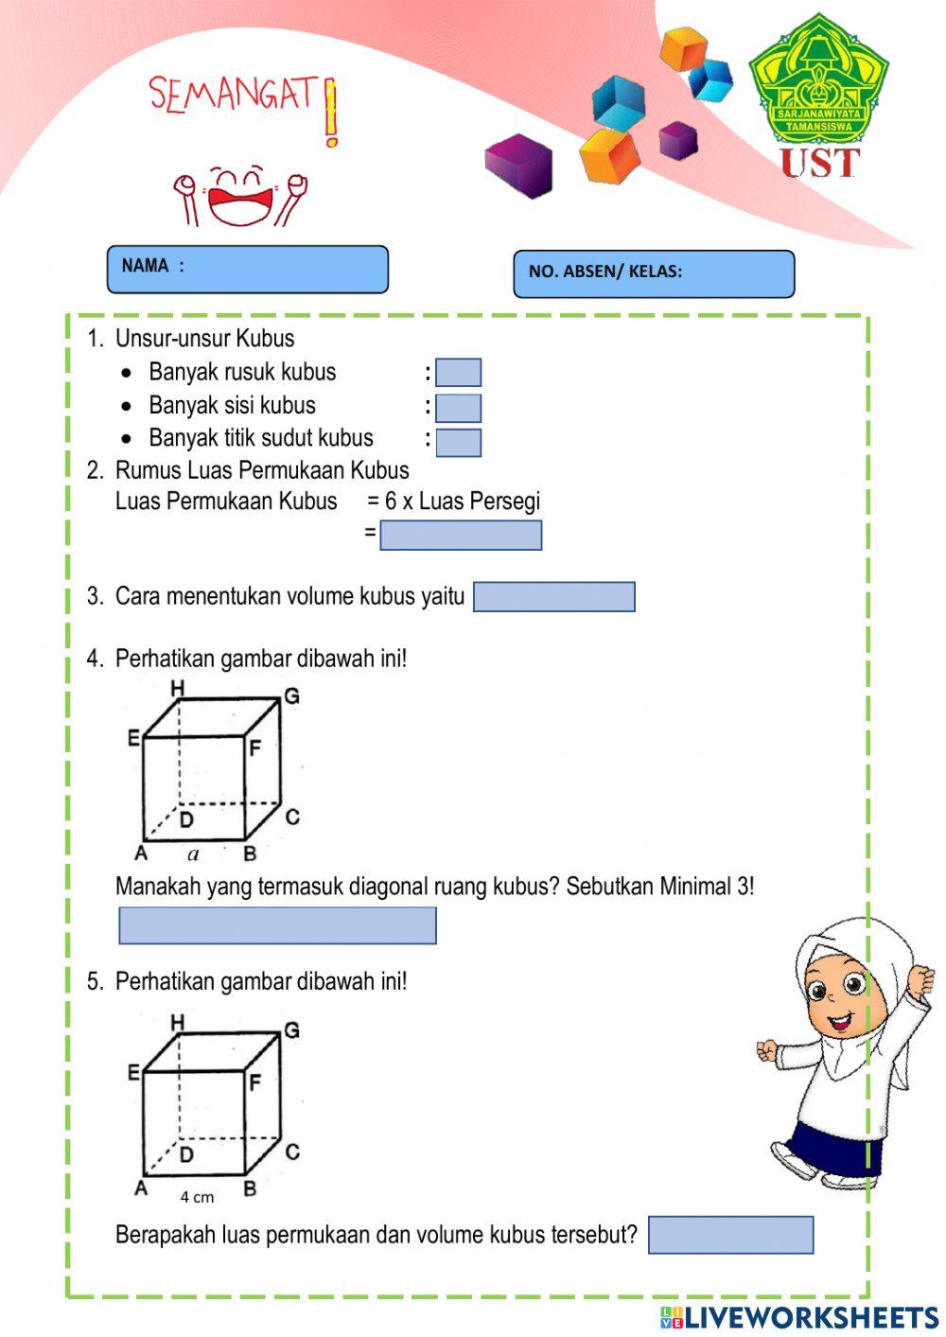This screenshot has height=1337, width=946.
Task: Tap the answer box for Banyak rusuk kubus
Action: (x=459, y=373)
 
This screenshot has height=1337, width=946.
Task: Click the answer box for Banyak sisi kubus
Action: (x=459, y=408)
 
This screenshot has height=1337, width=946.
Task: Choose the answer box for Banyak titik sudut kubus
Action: (x=459, y=442)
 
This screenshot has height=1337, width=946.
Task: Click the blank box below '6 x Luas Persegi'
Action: (x=461, y=536)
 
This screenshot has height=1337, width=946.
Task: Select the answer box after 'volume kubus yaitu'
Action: (x=553, y=597)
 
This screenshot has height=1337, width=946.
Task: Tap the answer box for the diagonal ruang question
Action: (x=277, y=925)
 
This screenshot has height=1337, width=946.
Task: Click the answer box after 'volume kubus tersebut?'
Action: (x=730, y=1235)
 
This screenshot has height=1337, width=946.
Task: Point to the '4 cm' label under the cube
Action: (x=197, y=1197)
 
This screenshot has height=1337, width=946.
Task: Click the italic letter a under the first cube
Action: (x=194, y=854)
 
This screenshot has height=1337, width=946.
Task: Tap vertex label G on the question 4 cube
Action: (x=291, y=696)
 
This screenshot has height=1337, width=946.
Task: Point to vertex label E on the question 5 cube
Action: (x=133, y=1072)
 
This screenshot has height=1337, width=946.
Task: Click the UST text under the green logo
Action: (x=819, y=164)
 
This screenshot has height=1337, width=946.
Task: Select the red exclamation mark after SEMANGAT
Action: (x=330, y=114)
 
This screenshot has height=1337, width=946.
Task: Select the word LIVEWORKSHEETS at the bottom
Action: (x=812, y=1317)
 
